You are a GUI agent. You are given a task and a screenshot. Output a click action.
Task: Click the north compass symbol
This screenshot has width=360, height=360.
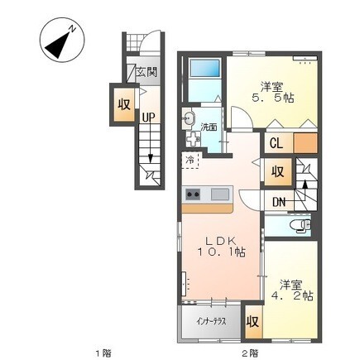[61, 39]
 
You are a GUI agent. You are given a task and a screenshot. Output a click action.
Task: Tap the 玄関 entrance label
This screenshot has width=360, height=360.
[146, 72]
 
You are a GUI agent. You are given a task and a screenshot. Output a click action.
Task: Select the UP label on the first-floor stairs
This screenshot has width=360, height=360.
[149, 118]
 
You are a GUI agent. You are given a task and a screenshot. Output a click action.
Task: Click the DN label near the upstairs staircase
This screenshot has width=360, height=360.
[279, 203]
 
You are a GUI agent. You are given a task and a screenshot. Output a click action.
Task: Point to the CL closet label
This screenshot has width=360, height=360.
[276, 143]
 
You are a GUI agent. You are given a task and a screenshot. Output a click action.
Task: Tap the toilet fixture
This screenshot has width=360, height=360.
[300, 225]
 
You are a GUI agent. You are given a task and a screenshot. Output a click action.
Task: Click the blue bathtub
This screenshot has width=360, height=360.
[205, 68]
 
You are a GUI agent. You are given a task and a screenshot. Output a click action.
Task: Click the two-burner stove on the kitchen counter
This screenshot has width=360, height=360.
[193, 194]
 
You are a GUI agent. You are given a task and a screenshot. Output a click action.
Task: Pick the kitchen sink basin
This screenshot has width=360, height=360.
[220, 194]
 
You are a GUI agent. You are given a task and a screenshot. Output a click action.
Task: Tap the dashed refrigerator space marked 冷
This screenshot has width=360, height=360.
[190, 160]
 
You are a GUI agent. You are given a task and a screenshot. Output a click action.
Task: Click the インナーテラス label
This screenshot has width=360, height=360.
[212, 322]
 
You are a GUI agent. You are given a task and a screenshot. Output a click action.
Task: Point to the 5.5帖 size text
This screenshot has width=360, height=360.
[272, 98]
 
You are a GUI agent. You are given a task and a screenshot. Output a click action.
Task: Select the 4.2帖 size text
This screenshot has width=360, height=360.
[292, 296]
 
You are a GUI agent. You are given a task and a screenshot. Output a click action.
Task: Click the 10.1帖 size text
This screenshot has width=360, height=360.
[221, 252]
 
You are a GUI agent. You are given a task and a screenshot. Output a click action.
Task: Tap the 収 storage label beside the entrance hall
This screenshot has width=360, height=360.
[124, 104]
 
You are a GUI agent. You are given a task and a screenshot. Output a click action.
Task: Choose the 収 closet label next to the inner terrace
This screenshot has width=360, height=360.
[252, 322]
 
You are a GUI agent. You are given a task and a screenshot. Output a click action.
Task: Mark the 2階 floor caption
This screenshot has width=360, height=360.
[251, 353]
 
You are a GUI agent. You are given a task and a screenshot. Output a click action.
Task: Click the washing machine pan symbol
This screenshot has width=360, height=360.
[193, 139]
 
